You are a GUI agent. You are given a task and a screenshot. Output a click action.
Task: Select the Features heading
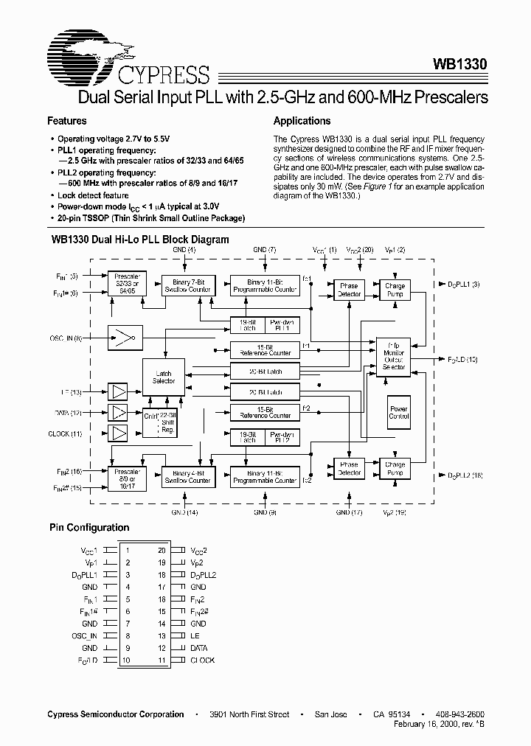pos(67,121)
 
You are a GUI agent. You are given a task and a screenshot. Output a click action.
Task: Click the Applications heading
pos(302,121)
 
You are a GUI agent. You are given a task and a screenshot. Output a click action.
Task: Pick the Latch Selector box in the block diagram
pos(164,377)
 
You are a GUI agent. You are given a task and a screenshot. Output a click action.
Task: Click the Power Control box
pos(398,413)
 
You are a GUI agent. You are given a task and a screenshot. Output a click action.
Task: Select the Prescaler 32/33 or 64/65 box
pos(126,285)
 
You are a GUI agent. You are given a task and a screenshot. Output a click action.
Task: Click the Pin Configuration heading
pos(89,528)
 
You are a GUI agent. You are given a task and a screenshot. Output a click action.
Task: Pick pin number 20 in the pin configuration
pos(161,550)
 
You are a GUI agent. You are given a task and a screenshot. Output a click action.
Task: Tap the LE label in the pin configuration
pos(194,635)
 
